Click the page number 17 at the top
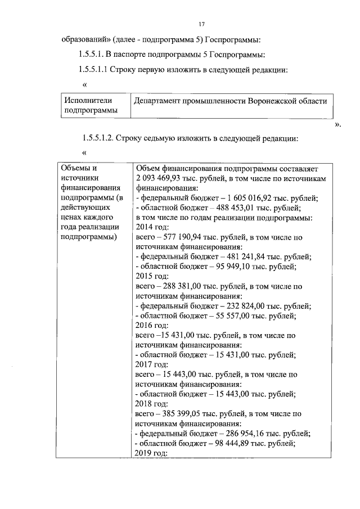click(202, 24)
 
